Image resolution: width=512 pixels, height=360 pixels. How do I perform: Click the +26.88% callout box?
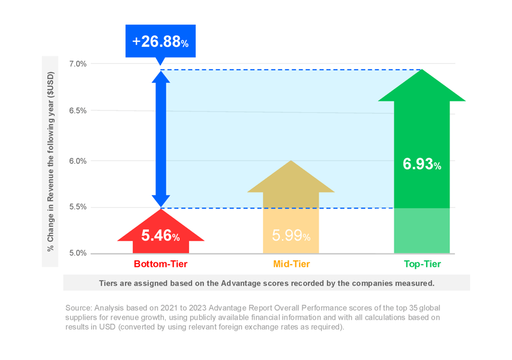pos(160,41)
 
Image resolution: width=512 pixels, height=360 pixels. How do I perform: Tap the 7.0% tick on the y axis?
pos(78,64)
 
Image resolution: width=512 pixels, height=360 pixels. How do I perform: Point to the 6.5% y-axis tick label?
pos(78,111)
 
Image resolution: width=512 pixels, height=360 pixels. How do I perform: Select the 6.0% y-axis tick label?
pos(78,161)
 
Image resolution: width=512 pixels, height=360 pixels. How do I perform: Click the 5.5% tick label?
pos(78,207)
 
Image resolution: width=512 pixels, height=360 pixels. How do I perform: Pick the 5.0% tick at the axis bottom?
pos(78,253)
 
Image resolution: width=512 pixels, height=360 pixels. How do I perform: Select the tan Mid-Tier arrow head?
pos(291,178)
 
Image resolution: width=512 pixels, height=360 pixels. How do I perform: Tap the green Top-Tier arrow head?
pos(422,88)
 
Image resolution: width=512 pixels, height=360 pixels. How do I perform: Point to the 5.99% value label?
pos(291,236)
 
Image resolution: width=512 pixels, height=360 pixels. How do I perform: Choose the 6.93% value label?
pos(422,164)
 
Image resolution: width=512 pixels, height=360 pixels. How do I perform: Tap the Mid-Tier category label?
pos(291,264)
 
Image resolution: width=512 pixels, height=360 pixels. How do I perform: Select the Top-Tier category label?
pos(422,264)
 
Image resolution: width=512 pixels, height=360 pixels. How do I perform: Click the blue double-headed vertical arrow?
pos(160,139)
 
